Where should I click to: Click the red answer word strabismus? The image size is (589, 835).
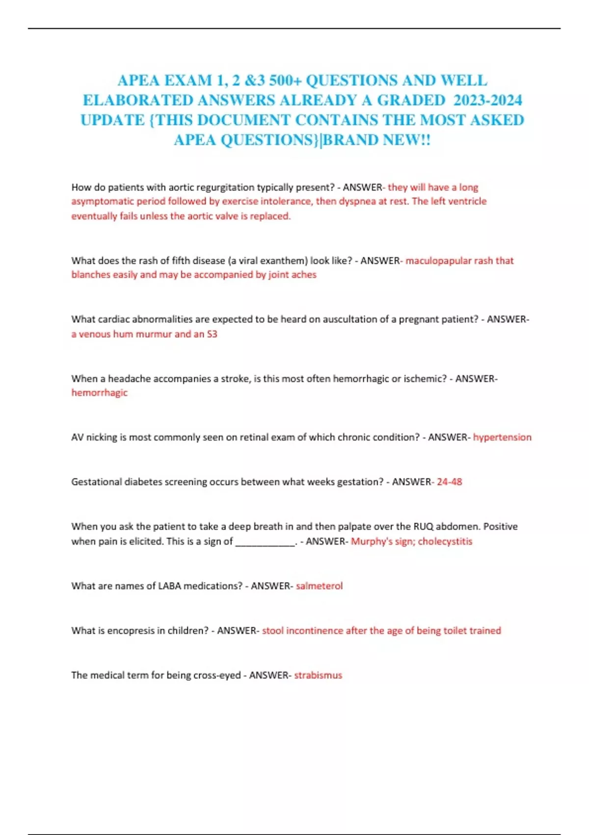click(x=318, y=675)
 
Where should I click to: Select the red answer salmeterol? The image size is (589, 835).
click(x=319, y=586)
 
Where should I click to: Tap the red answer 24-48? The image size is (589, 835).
click(x=449, y=482)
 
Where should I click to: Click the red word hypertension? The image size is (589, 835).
click(x=502, y=437)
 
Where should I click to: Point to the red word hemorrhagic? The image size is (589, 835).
click(x=99, y=393)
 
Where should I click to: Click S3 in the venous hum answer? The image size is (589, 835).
click(x=212, y=334)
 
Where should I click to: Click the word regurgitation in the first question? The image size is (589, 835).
click(x=225, y=187)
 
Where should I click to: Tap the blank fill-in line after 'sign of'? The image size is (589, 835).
click(x=266, y=542)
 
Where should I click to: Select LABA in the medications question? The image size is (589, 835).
click(x=169, y=586)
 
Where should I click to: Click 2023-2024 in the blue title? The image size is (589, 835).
click(x=487, y=100)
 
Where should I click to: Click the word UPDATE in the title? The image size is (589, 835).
click(x=112, y=120)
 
